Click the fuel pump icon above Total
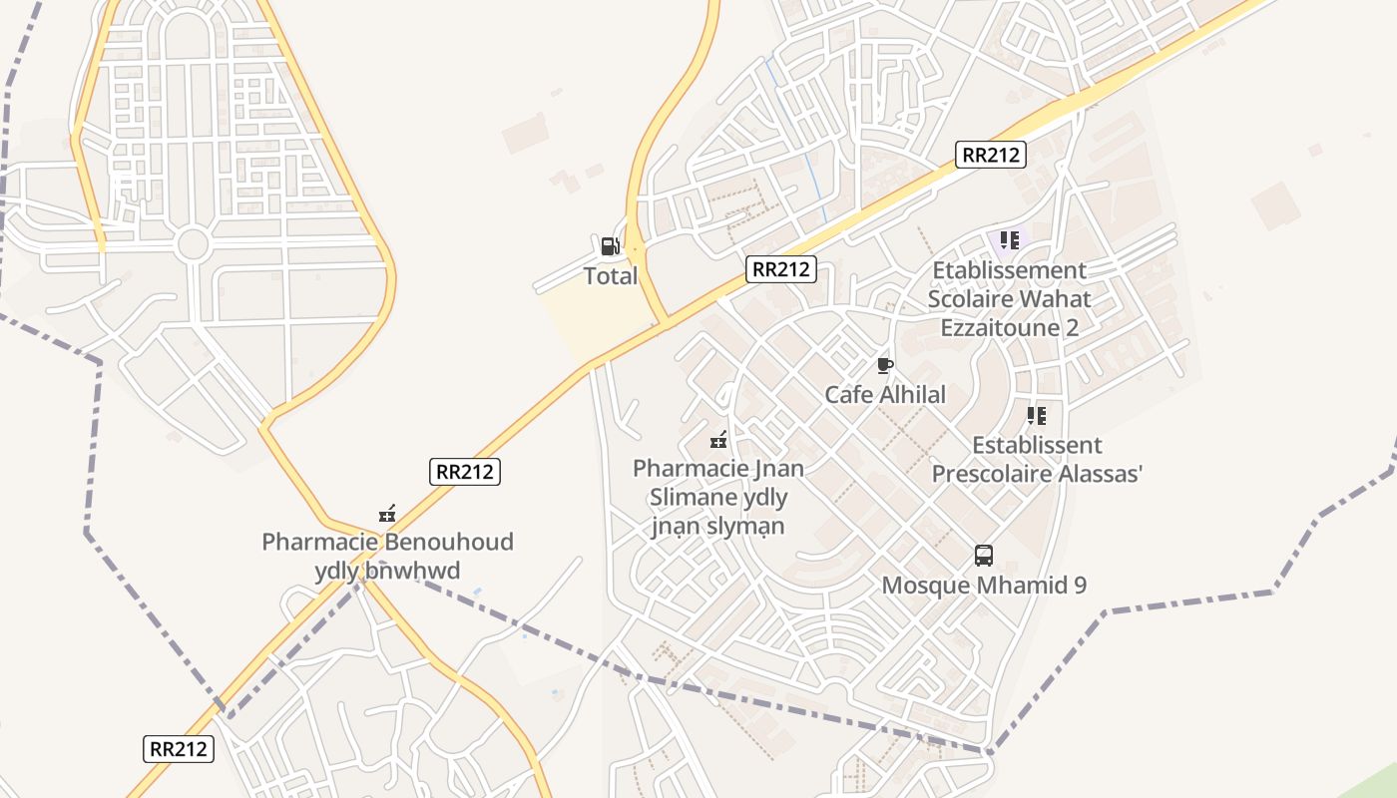tap(609, 245)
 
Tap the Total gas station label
tap(610, 276)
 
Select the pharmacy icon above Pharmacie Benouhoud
tap(387, 515)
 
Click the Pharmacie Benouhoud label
tap(387, 543)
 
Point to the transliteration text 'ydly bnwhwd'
tap(387, 571)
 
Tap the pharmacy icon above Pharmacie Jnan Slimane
tap(718, 439)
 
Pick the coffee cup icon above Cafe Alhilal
tap(884, 365)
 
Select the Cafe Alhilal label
tap(884, 395)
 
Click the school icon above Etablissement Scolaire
tap(1009, 240)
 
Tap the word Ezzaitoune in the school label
tap(1009, 327)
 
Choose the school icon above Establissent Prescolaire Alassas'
tap(1037, 415)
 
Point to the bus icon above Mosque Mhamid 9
tap(983, 556)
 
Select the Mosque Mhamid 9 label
tap(983, 585)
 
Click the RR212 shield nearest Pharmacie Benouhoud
tap(464, 472)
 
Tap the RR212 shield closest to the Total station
tap(781, 268)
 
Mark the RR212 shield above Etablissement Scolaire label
tap(990, 155)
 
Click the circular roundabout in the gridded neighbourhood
tap(192, 243)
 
